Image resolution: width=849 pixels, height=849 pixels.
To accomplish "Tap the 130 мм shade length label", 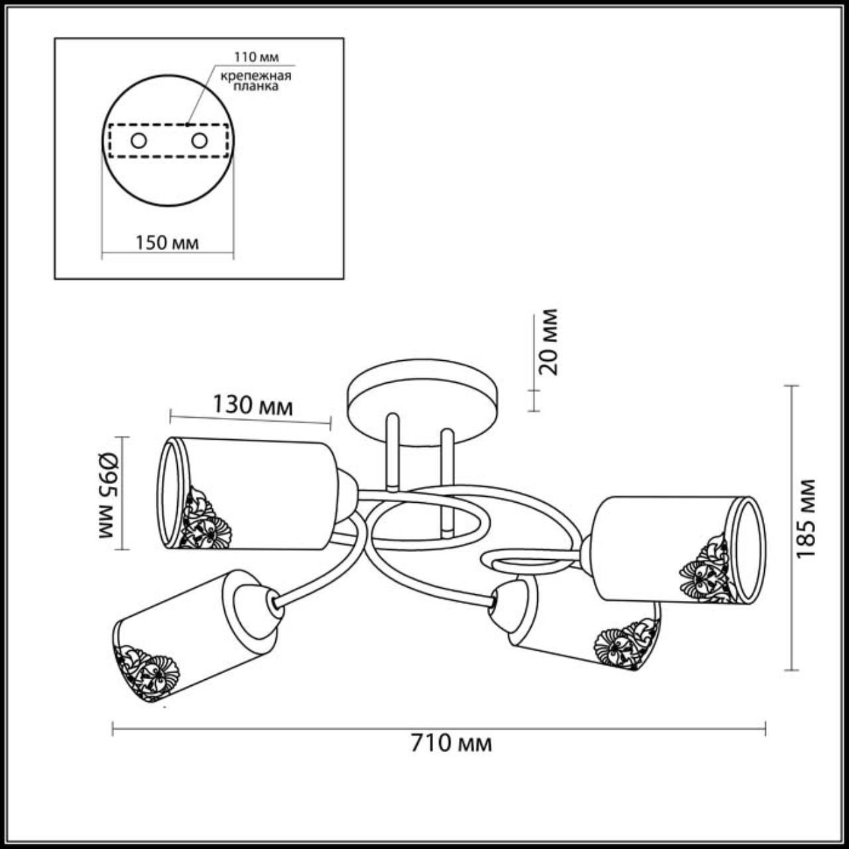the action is [253, 406].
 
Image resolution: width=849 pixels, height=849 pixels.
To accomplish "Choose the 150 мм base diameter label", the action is [167, 243].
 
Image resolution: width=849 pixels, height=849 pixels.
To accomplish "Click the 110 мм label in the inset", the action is [256, 57].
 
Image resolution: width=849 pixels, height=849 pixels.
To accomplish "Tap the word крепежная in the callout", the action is [256, 76].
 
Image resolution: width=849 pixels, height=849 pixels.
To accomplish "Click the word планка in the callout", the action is [256, 86].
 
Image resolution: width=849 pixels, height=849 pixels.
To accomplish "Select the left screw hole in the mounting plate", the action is [139, 141].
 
